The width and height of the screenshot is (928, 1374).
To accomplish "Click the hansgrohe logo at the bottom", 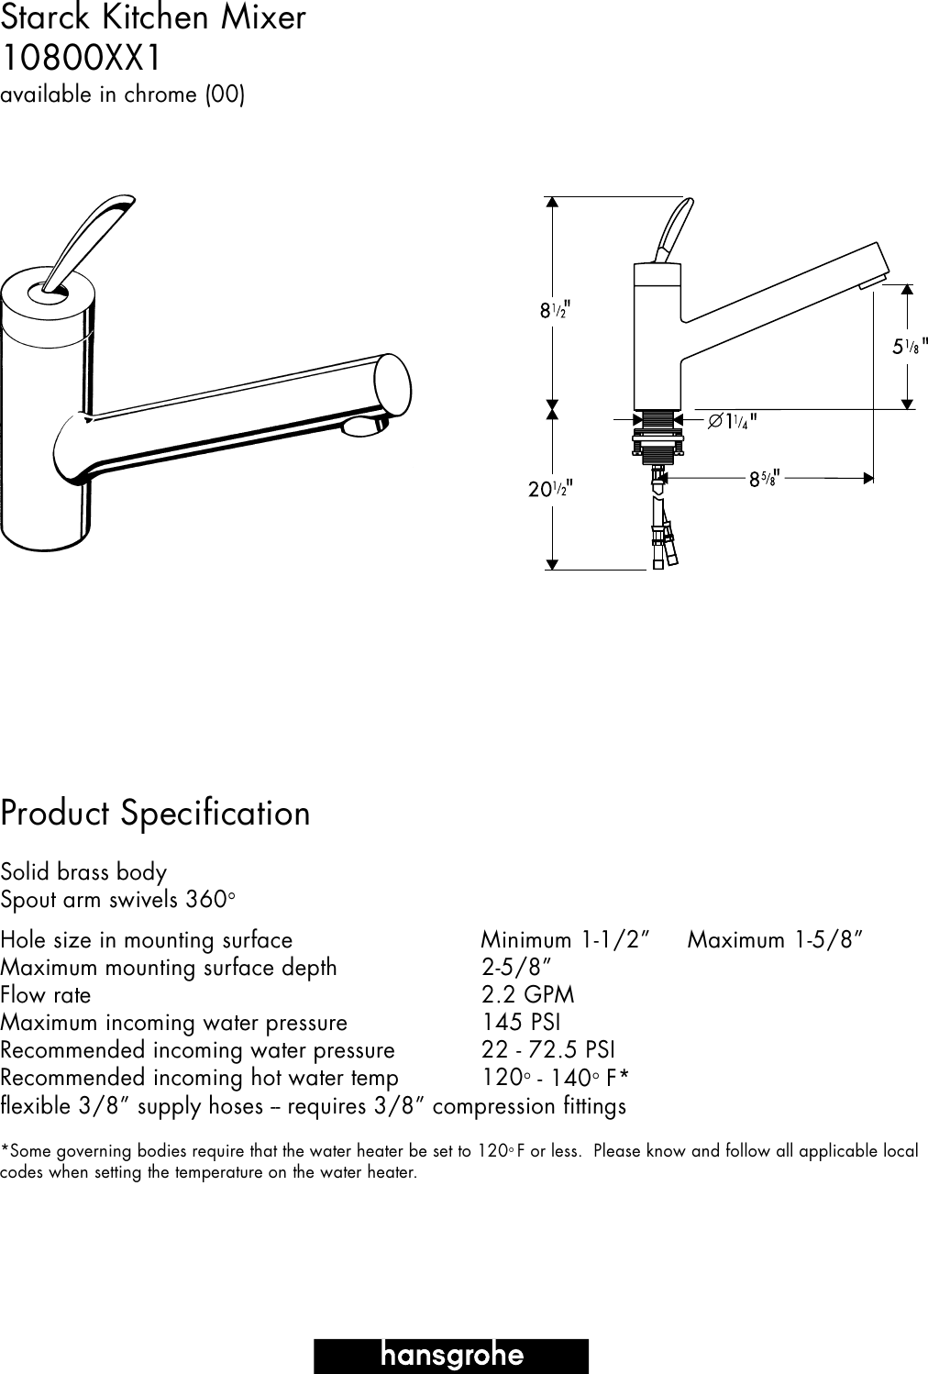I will [451, 1356].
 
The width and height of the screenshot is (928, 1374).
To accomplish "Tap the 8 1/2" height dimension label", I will [554, 310].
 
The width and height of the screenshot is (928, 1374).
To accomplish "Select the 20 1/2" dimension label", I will [550, 489].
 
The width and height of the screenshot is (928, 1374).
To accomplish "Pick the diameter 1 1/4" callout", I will [732, 422].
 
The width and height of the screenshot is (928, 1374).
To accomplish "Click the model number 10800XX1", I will [81, 59].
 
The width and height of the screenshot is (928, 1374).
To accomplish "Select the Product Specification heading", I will [156, 814].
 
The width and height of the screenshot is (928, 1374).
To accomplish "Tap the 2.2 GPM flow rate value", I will [528, 995].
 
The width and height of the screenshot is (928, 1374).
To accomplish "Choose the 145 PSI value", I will [521, 1023].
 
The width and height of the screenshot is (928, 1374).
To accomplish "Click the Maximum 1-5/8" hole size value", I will [775, 940].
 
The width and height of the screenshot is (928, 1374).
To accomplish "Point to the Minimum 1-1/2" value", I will [566, 940].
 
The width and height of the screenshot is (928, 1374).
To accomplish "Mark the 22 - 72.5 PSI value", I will [548, 1050].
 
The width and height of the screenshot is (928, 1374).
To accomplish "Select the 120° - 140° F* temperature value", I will [555, 1078].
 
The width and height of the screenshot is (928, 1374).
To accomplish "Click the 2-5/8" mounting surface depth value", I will [516, 968].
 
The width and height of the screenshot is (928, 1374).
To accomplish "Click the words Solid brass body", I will [83, 871].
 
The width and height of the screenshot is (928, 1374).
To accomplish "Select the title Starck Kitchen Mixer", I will [153, 18].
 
